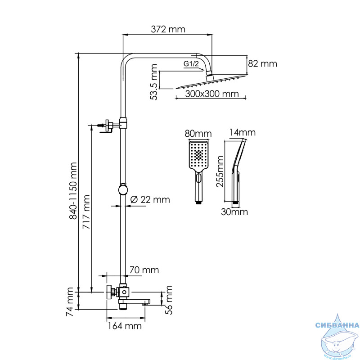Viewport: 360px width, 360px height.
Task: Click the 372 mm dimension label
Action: coord(168,29)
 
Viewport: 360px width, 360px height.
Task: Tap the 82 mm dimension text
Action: coord(262,63)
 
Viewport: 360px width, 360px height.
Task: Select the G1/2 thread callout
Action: coord(191,63)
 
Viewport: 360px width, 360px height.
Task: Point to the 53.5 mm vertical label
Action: coord(153,82)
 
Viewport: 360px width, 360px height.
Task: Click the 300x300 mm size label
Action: coord(212,94)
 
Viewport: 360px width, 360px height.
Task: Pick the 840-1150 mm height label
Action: coord(73,191)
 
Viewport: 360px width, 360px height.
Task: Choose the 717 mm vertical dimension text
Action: coord(86,211)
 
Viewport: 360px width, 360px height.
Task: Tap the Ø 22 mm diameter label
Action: coord(150,199)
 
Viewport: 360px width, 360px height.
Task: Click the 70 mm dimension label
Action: coord(144,270)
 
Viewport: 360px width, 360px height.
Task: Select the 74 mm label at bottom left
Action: coord(70,301)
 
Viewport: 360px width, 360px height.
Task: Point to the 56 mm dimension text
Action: coord(169,300)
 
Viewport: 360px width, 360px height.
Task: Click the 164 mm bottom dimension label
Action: coord(125,326)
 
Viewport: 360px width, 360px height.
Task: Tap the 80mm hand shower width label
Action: coord(198,133)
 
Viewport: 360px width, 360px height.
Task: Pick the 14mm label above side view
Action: coord(242,132)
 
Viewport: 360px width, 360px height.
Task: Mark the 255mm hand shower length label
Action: coord(220,171)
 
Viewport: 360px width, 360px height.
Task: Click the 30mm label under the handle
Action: coord(234,211)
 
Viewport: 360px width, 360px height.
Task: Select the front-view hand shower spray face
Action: coord(198,155)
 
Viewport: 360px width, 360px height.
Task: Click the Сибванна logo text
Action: coord(337,325)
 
